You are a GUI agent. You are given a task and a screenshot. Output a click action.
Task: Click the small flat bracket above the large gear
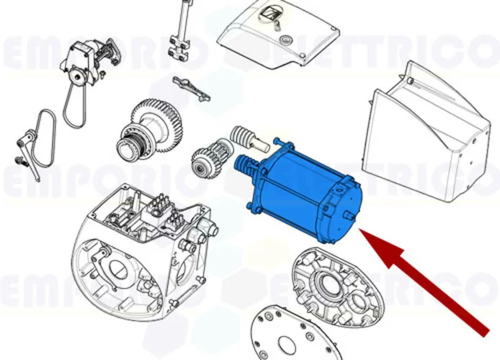pyautogui.click(x=192, y=88)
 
